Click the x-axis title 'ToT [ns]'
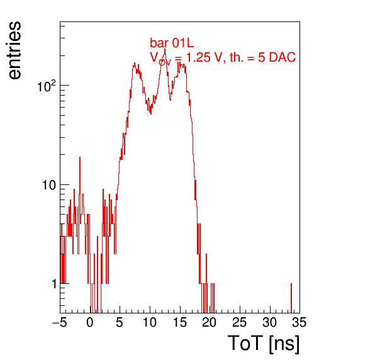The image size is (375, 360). (x=263, y=344)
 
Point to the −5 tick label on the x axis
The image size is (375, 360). (x=60, y=322)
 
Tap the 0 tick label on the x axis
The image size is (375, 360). (x=90, y=322)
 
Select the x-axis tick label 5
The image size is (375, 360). (x=120, y=322)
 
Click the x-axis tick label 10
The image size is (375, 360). (x=150, y=322)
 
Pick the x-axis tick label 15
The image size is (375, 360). (x=180, y=322)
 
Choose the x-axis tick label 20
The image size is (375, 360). (x=210, y=322)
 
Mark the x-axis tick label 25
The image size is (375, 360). (x=240, y=322)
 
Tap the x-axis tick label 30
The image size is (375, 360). (x=270, y=322)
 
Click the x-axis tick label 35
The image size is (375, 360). (x=299, y=322)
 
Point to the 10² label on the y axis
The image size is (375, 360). (x=47, y=86)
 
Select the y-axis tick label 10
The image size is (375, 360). (x=49, y=185)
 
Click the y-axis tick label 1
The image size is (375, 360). (x=54, y=284)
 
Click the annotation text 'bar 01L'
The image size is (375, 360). (x=172, y=43)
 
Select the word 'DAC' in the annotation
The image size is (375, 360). (x=283, y=57)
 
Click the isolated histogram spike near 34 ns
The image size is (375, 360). (x=291, y=298)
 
